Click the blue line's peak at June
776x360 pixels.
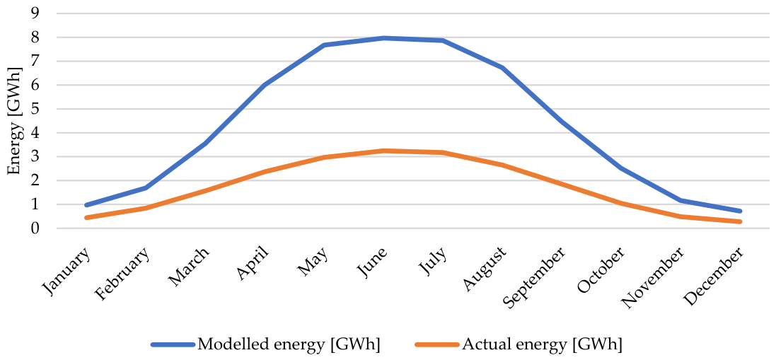coord(384,38)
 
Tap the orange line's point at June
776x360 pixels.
coord(384,151)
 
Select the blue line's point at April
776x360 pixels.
coord(265,85)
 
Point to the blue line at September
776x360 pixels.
coord(562,121)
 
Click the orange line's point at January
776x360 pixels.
coord(87,218)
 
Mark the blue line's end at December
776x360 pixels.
coord(740,211)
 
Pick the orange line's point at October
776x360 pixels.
coord(621,203)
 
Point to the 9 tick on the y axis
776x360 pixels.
coord(35,13)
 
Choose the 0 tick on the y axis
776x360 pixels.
coord(35,228)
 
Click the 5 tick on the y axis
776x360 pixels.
coord(35,109)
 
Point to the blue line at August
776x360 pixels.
coord(502,68)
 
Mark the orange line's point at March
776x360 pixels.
coord(206,190)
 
